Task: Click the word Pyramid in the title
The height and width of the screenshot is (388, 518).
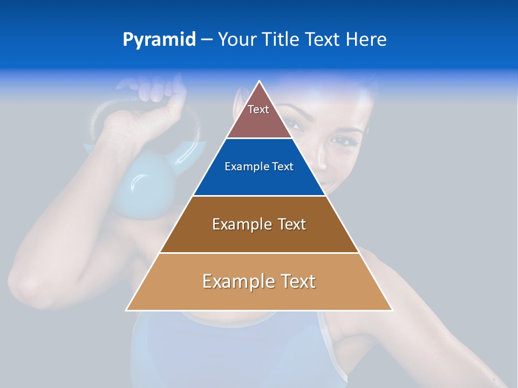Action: coord(159,40)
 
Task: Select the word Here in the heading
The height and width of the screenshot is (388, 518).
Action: coord(366,39)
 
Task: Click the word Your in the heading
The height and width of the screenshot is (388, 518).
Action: coord(237,39)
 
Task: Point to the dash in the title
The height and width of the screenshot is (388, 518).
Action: coord(207,40)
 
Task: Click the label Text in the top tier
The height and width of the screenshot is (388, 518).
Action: coord(258,109)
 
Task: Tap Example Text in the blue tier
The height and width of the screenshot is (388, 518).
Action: coord(259,167)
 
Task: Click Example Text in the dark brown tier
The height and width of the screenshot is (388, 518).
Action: coord(259,224)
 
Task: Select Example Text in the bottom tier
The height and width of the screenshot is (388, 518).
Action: coord(259,281)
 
